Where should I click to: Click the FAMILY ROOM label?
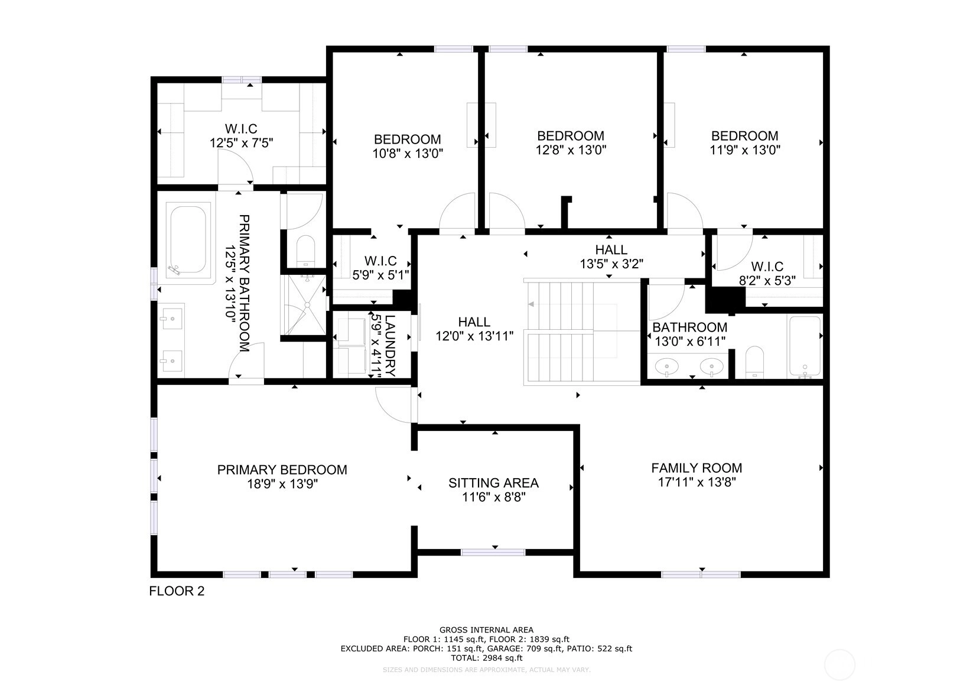(x=697, y=468)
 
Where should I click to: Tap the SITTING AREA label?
(x=493, y=483)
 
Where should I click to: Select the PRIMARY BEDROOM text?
(x=282, y=470)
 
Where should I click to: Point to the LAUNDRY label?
(x=390, y=346)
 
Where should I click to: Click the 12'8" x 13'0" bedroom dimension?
(x=571, y=150)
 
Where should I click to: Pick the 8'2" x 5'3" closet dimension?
(x=767, y=281)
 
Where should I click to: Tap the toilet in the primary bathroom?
(x=306, y=251)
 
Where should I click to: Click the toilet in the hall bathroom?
(x=754, y=362)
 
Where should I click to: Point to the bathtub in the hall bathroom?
(x=805, y=346)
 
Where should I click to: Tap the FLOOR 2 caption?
(x=177, y=591)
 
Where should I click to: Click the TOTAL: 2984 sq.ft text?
(x=487, y=658)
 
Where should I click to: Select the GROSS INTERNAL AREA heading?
(x=487, y=629)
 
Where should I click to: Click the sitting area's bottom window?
(x=493, y=553)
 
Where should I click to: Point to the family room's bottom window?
(x=701, y=575)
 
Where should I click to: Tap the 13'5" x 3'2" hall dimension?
(x=611, y=264)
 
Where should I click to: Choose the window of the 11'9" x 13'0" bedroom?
(x=686, y=48)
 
